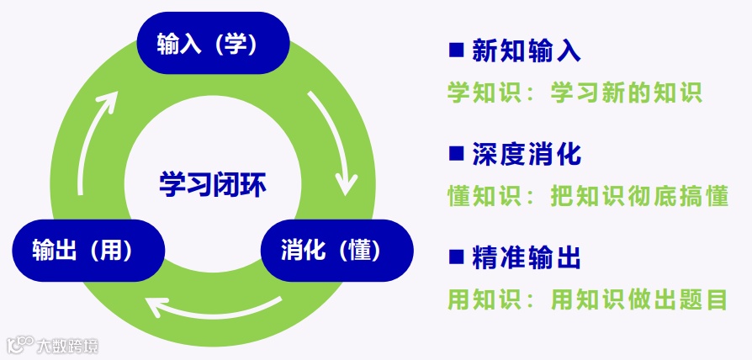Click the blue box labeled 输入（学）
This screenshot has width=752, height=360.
click(213, 44)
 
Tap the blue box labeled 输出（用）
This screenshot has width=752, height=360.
click(87, 250)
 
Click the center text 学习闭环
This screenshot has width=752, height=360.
click(213, 183)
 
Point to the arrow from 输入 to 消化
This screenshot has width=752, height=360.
click(333, 143)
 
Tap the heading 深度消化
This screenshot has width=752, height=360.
click(527, 155)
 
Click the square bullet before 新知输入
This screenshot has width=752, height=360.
click(457, 51)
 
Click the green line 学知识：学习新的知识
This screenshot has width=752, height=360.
click(575, 92)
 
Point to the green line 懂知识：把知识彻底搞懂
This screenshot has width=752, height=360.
click(587, 196)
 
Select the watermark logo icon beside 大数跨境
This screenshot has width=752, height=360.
click(20, 345)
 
